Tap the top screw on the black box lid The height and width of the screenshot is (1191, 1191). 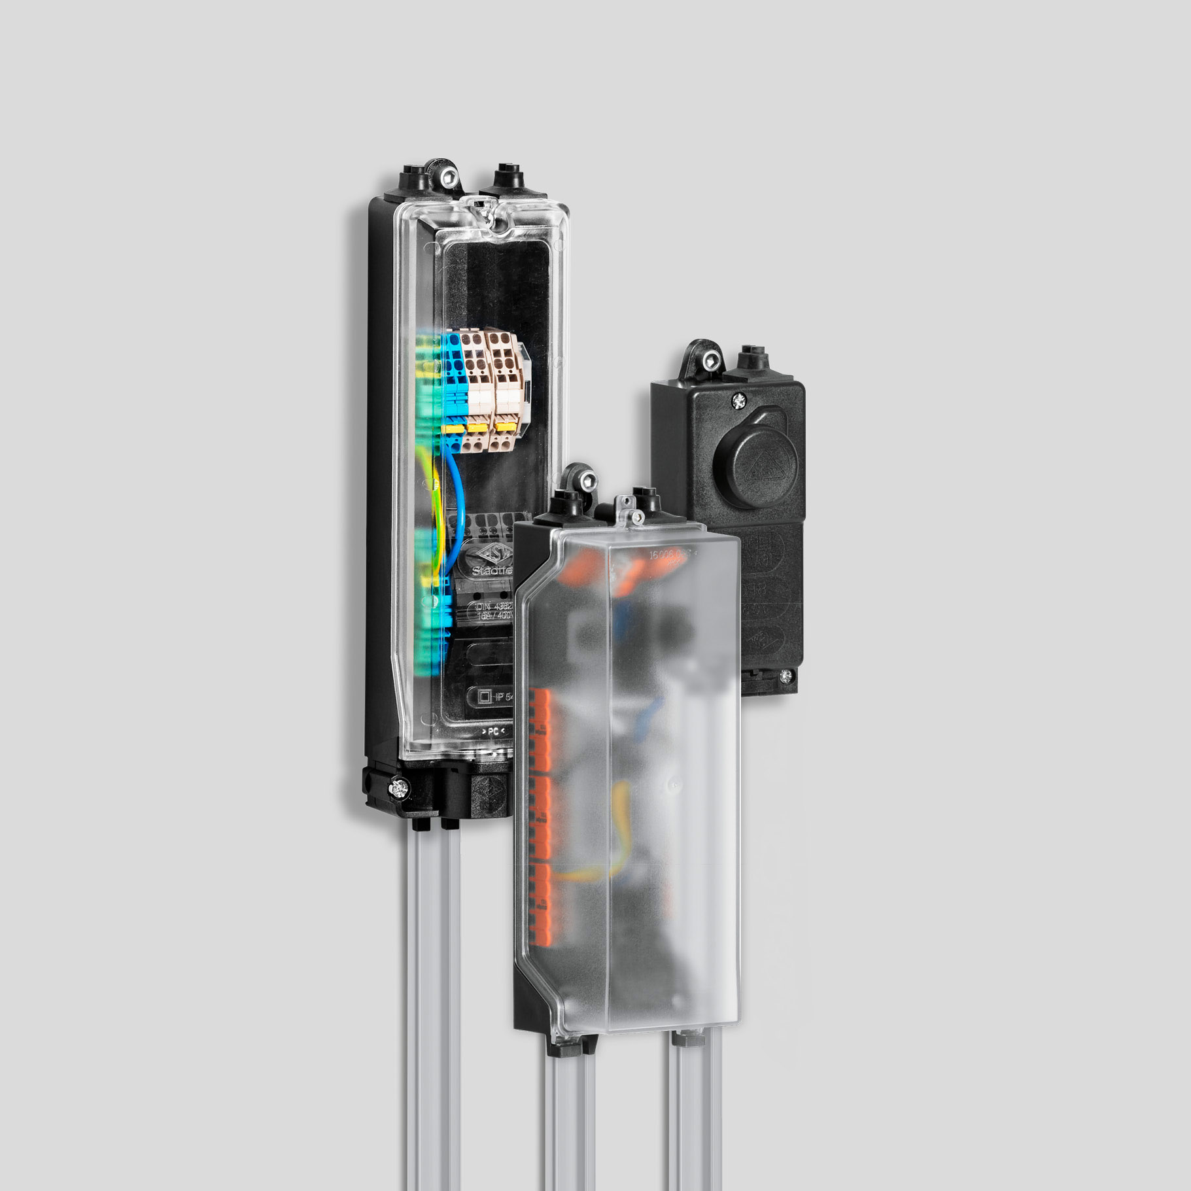[x=739, y=400]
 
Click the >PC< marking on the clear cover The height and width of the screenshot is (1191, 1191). [x=494, y=730]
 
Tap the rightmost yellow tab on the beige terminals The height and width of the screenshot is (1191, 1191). [x=502, y=426]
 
